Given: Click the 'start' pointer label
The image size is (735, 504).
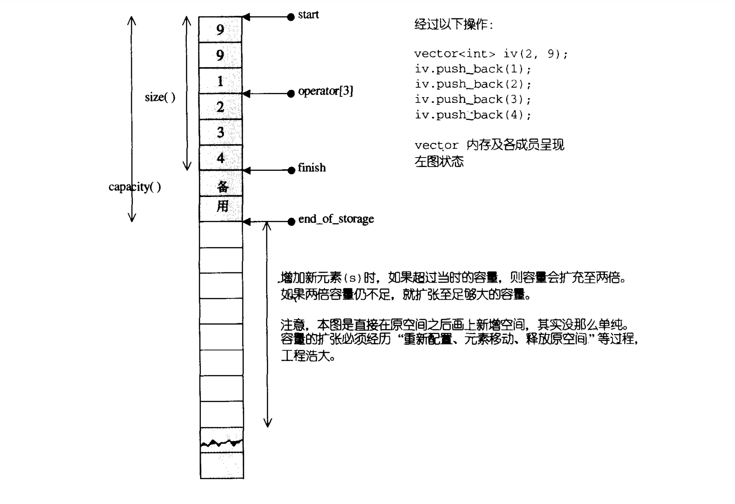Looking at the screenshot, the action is coord(308,15).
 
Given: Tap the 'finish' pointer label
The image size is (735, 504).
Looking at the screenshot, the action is coord(311,168).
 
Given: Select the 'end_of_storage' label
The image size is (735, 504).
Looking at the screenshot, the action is coord(336,219).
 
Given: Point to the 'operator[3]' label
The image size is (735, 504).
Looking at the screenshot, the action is coord(325,91).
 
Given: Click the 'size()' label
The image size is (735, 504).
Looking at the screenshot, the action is coord(160,98).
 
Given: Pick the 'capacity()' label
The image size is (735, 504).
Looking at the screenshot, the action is coord(134,187).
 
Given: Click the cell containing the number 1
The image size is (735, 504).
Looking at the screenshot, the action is coord(221,81).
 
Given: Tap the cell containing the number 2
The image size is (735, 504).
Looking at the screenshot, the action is coord(221,107).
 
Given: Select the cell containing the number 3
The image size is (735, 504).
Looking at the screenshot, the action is coord(221,132).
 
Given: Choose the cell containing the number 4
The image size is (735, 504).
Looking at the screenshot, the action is coord(221,158).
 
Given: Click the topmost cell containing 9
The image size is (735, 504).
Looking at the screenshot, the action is coord(221,30).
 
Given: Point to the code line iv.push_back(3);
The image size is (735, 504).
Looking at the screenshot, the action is coord(472,99).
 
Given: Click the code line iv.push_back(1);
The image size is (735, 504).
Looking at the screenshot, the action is coord(472,69).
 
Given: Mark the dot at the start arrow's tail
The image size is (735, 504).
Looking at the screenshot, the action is coord(291,17).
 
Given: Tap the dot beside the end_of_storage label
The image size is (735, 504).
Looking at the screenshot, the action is coord(291,221).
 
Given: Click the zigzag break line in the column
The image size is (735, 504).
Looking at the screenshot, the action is coord(221,443).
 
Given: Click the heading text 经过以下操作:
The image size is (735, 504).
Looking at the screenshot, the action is coord(454,24).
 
